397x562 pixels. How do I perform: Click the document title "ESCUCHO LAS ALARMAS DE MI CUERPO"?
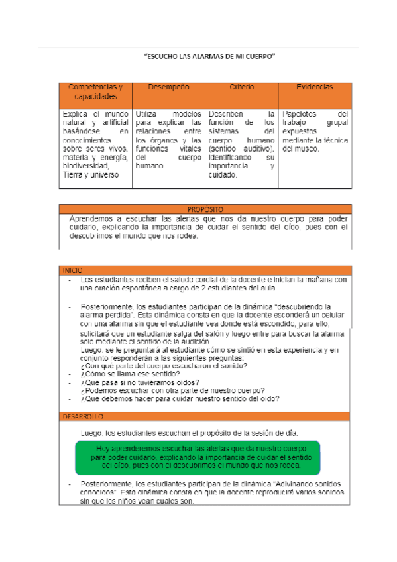pyautogui.click(x=210, y=58)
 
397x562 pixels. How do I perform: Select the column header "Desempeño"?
pyautogui.click(x=169, y=87)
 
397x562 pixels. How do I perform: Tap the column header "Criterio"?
pyautogui.click(x=242, y=87)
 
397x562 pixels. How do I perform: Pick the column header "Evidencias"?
pyautogui.click(x=315, y=87)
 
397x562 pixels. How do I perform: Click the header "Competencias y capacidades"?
pyautogui.click(x=95, y=92)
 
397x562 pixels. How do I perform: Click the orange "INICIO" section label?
pyautogui.click(x=73, y=271)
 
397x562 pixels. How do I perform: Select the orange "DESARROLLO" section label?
pyautogui.click(x=84, y=416)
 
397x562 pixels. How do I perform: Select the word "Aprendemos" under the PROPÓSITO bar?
pyautogui.click(x=93, y=218)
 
